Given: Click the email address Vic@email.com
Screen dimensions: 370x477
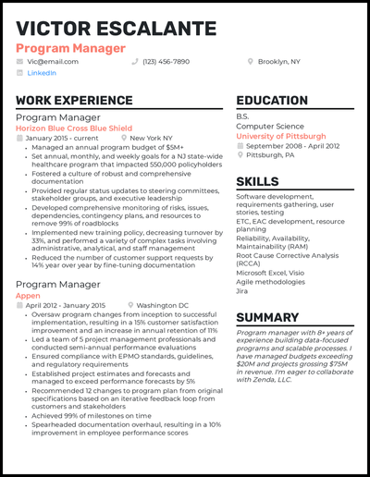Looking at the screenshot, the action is pyautogui.click(x=53, y=61).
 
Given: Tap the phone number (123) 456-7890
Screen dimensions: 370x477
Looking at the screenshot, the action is pyautogui.click(x=166, y=61).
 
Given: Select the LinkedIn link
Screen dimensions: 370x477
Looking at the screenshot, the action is pyautogui.click(x=42, y=72).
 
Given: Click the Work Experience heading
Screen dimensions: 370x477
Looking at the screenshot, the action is pyautogui.click(x=74, y=101).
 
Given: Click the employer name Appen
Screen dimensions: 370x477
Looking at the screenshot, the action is pyautogui.click(x=29, y=295).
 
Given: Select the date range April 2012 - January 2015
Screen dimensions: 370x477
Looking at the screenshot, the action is pyautogui.click(x=65, y=305).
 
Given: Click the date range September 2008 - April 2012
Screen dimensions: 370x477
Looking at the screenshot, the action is pyautogui.click(x=294, y=146).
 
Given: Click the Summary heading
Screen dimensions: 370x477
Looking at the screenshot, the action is pyautogui.click(x=280, y=318).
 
